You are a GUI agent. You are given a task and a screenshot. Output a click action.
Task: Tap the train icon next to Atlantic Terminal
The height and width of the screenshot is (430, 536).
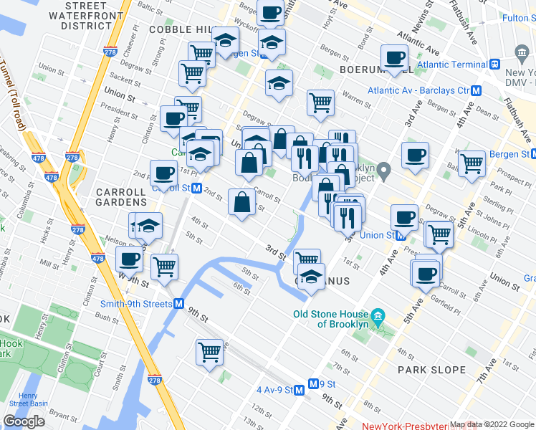tap(494, 64)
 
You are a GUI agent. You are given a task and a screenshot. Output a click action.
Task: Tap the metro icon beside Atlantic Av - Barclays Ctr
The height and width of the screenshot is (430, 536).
tap(476, 91)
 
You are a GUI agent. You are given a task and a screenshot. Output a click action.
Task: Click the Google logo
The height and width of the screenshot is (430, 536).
tap(24, 421)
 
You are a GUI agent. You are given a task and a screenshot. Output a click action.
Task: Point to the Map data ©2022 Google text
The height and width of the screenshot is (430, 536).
tap(492, 425)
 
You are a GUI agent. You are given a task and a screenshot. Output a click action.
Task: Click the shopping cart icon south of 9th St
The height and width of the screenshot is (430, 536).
tap(209, 352)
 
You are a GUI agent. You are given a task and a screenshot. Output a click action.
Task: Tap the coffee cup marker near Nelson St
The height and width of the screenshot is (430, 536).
tap(130, 259)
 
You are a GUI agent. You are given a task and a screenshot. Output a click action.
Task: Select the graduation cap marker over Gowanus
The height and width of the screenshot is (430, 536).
tap(310, 275)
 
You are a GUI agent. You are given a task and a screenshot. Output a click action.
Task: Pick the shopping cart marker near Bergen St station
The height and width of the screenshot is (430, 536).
tap(472, 163)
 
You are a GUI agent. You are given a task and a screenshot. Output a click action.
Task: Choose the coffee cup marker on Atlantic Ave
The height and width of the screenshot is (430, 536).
tap(393, 57)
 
